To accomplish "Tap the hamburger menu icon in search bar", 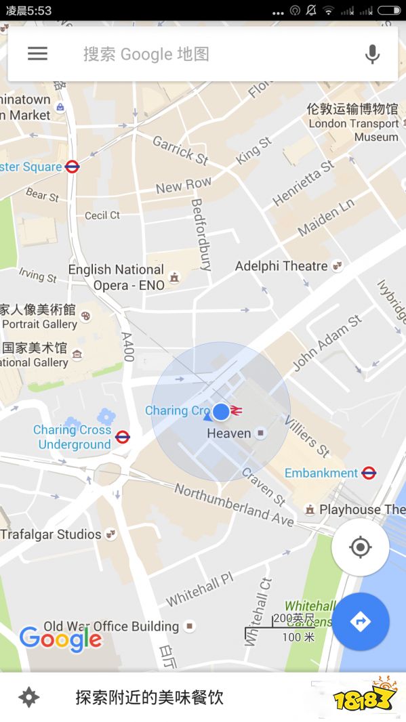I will (37, 54).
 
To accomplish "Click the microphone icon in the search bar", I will (372, 54).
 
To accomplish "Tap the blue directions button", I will (360, 621).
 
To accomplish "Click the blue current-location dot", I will (221, 411).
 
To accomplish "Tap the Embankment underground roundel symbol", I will (369, 473).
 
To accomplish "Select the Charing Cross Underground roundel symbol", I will (123, 437).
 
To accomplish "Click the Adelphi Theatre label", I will (281, 266).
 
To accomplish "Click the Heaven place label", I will (229, 433).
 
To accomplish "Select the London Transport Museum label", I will (353, 123).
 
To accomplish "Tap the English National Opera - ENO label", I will (116, 278).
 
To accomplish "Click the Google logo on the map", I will (60, 639).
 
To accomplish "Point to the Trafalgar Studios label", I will (51, 534).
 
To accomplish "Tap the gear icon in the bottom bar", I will (28, 697).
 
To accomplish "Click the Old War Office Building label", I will (112, 626).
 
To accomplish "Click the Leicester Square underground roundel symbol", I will (73, 167).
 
